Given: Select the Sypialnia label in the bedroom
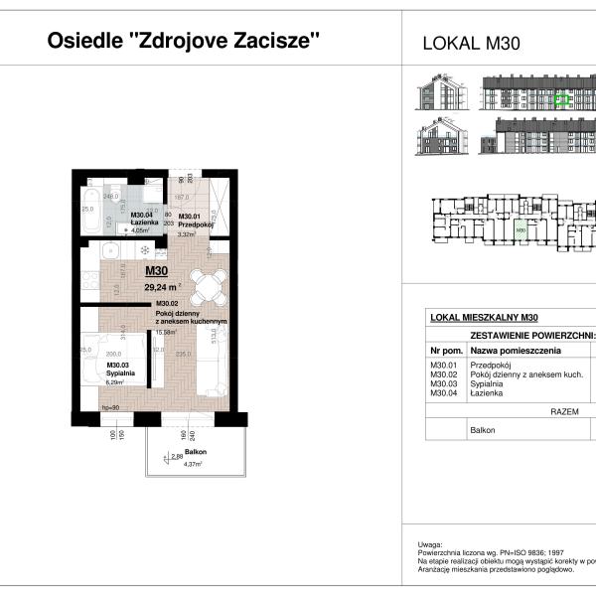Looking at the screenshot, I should pos(121,372).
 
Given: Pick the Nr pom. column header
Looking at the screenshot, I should pos(446,351).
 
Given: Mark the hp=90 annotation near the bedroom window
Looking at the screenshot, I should pos(111,407).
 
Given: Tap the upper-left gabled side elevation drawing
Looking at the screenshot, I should pos(439,95).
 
